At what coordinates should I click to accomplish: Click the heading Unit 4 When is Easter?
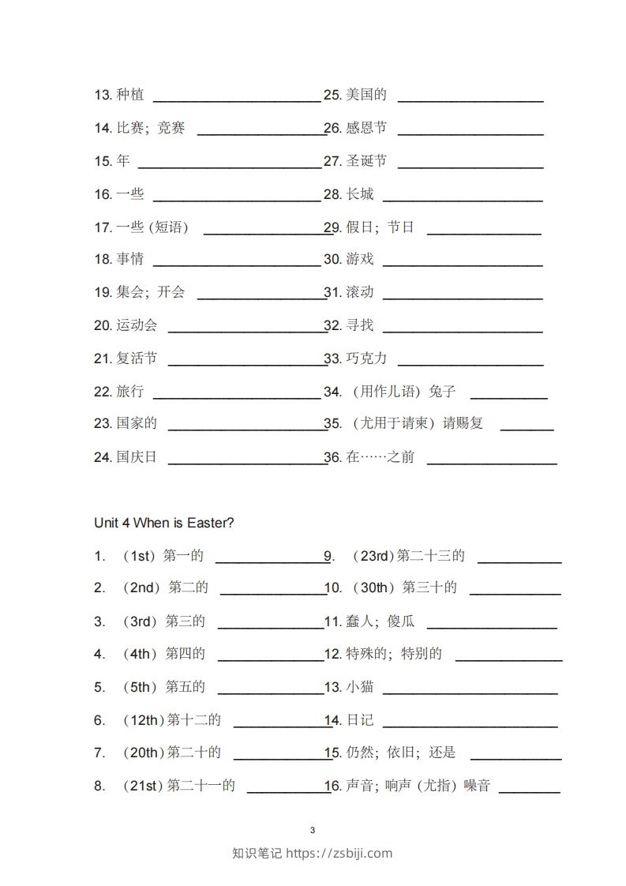coord(163,523)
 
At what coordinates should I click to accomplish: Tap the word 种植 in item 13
coord(129,95)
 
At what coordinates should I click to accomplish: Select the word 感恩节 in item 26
coord(366,128)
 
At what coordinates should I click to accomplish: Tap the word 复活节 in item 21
coord(137,359)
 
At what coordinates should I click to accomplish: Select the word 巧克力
coord(366,359)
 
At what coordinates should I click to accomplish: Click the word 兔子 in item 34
coord(442,392)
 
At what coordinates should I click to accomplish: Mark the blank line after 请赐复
coord(527,430)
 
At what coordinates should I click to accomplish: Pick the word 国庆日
coord(137,456)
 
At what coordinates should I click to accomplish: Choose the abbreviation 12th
coord(144,720)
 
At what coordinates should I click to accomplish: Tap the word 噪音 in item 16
coord(477,786)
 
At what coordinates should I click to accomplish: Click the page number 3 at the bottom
coord(313,830)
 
